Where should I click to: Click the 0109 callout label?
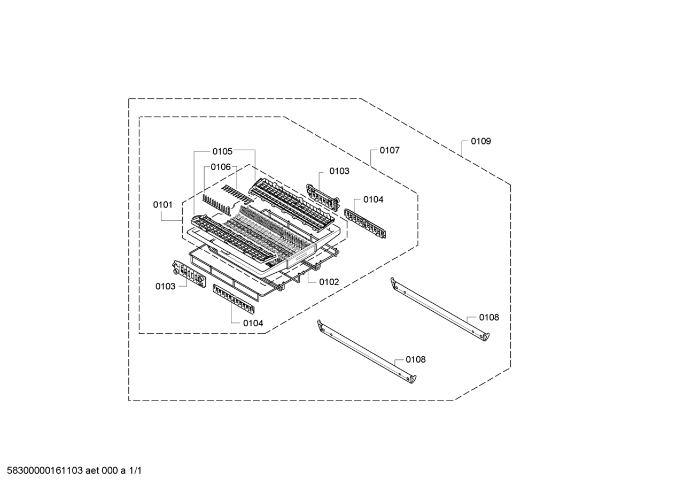click(480, 141)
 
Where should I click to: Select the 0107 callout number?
click(390, 150)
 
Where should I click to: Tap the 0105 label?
click(222, 151)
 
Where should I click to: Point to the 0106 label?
click(221, 167)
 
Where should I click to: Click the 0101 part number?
click(163, 205)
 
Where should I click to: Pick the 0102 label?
click(329, 282)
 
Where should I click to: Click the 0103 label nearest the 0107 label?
click(339, 171)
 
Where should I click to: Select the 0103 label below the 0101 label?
click(165, 286)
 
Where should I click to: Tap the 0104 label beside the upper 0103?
click(373, 199)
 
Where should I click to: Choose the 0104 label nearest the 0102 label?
click(253, 323)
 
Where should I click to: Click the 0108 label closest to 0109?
click(489, 318)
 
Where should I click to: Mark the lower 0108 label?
click(415, 359)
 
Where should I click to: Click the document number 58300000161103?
click(45, 471)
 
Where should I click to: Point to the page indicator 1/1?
click(135, 471)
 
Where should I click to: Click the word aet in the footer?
click(92, 471)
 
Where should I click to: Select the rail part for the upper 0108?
click(440, 309)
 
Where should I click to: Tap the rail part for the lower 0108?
click(367, 351)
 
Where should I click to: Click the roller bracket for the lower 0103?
click(189, 274)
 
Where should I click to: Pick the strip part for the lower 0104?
click(234, 298)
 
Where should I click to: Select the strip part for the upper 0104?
click(365, 224)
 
